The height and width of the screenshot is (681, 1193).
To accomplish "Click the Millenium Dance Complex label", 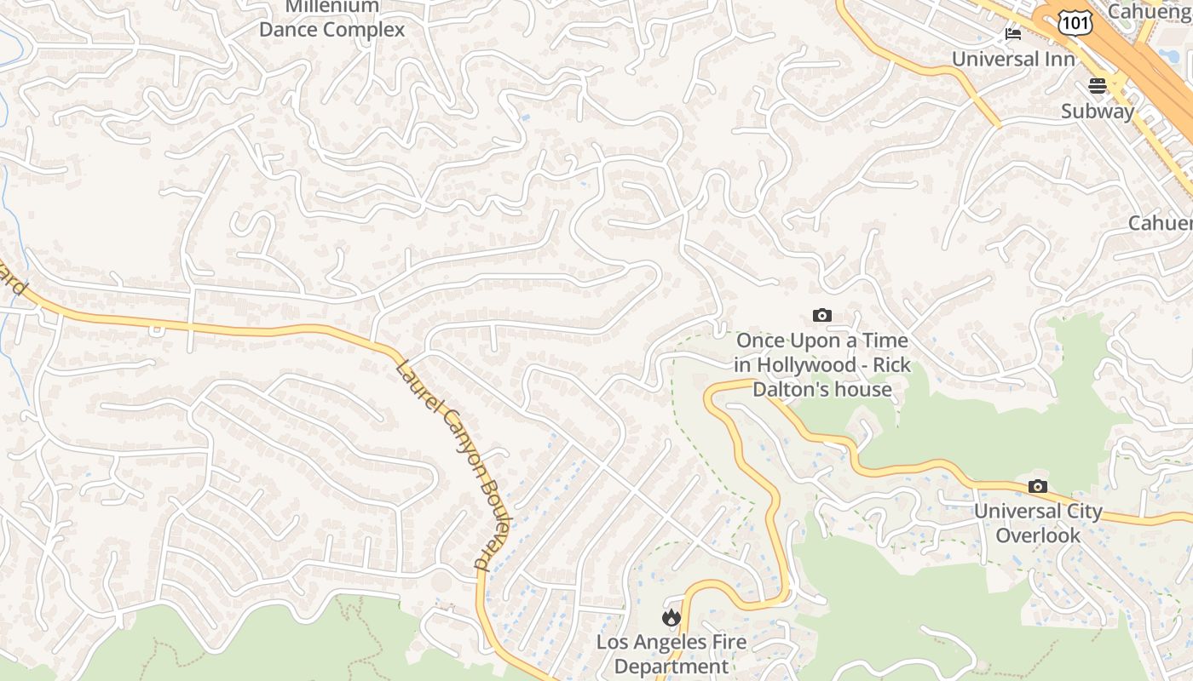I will pos(331,19).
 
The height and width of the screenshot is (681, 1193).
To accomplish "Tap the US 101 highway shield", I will pos(1075,23).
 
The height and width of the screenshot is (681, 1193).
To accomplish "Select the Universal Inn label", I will pos(1013,60).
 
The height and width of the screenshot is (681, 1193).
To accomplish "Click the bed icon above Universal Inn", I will pos(1013,34).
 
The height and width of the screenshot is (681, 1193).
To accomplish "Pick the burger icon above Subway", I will pos(1097,85).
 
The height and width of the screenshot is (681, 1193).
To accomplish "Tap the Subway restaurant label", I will pos(1098,112).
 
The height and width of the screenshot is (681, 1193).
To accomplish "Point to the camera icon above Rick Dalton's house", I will pos(821,316).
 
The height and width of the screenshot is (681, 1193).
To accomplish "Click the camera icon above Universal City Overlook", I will pos(1037,486).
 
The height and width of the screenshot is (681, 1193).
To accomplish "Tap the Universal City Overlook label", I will pos(1038,524).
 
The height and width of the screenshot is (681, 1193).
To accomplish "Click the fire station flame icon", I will pos(671,617).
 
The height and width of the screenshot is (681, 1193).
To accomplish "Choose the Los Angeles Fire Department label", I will pos(671,654).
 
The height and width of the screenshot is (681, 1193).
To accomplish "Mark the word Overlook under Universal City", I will pos(1038,535).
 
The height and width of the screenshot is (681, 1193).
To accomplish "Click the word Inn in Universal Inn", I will pos(1059,60).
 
